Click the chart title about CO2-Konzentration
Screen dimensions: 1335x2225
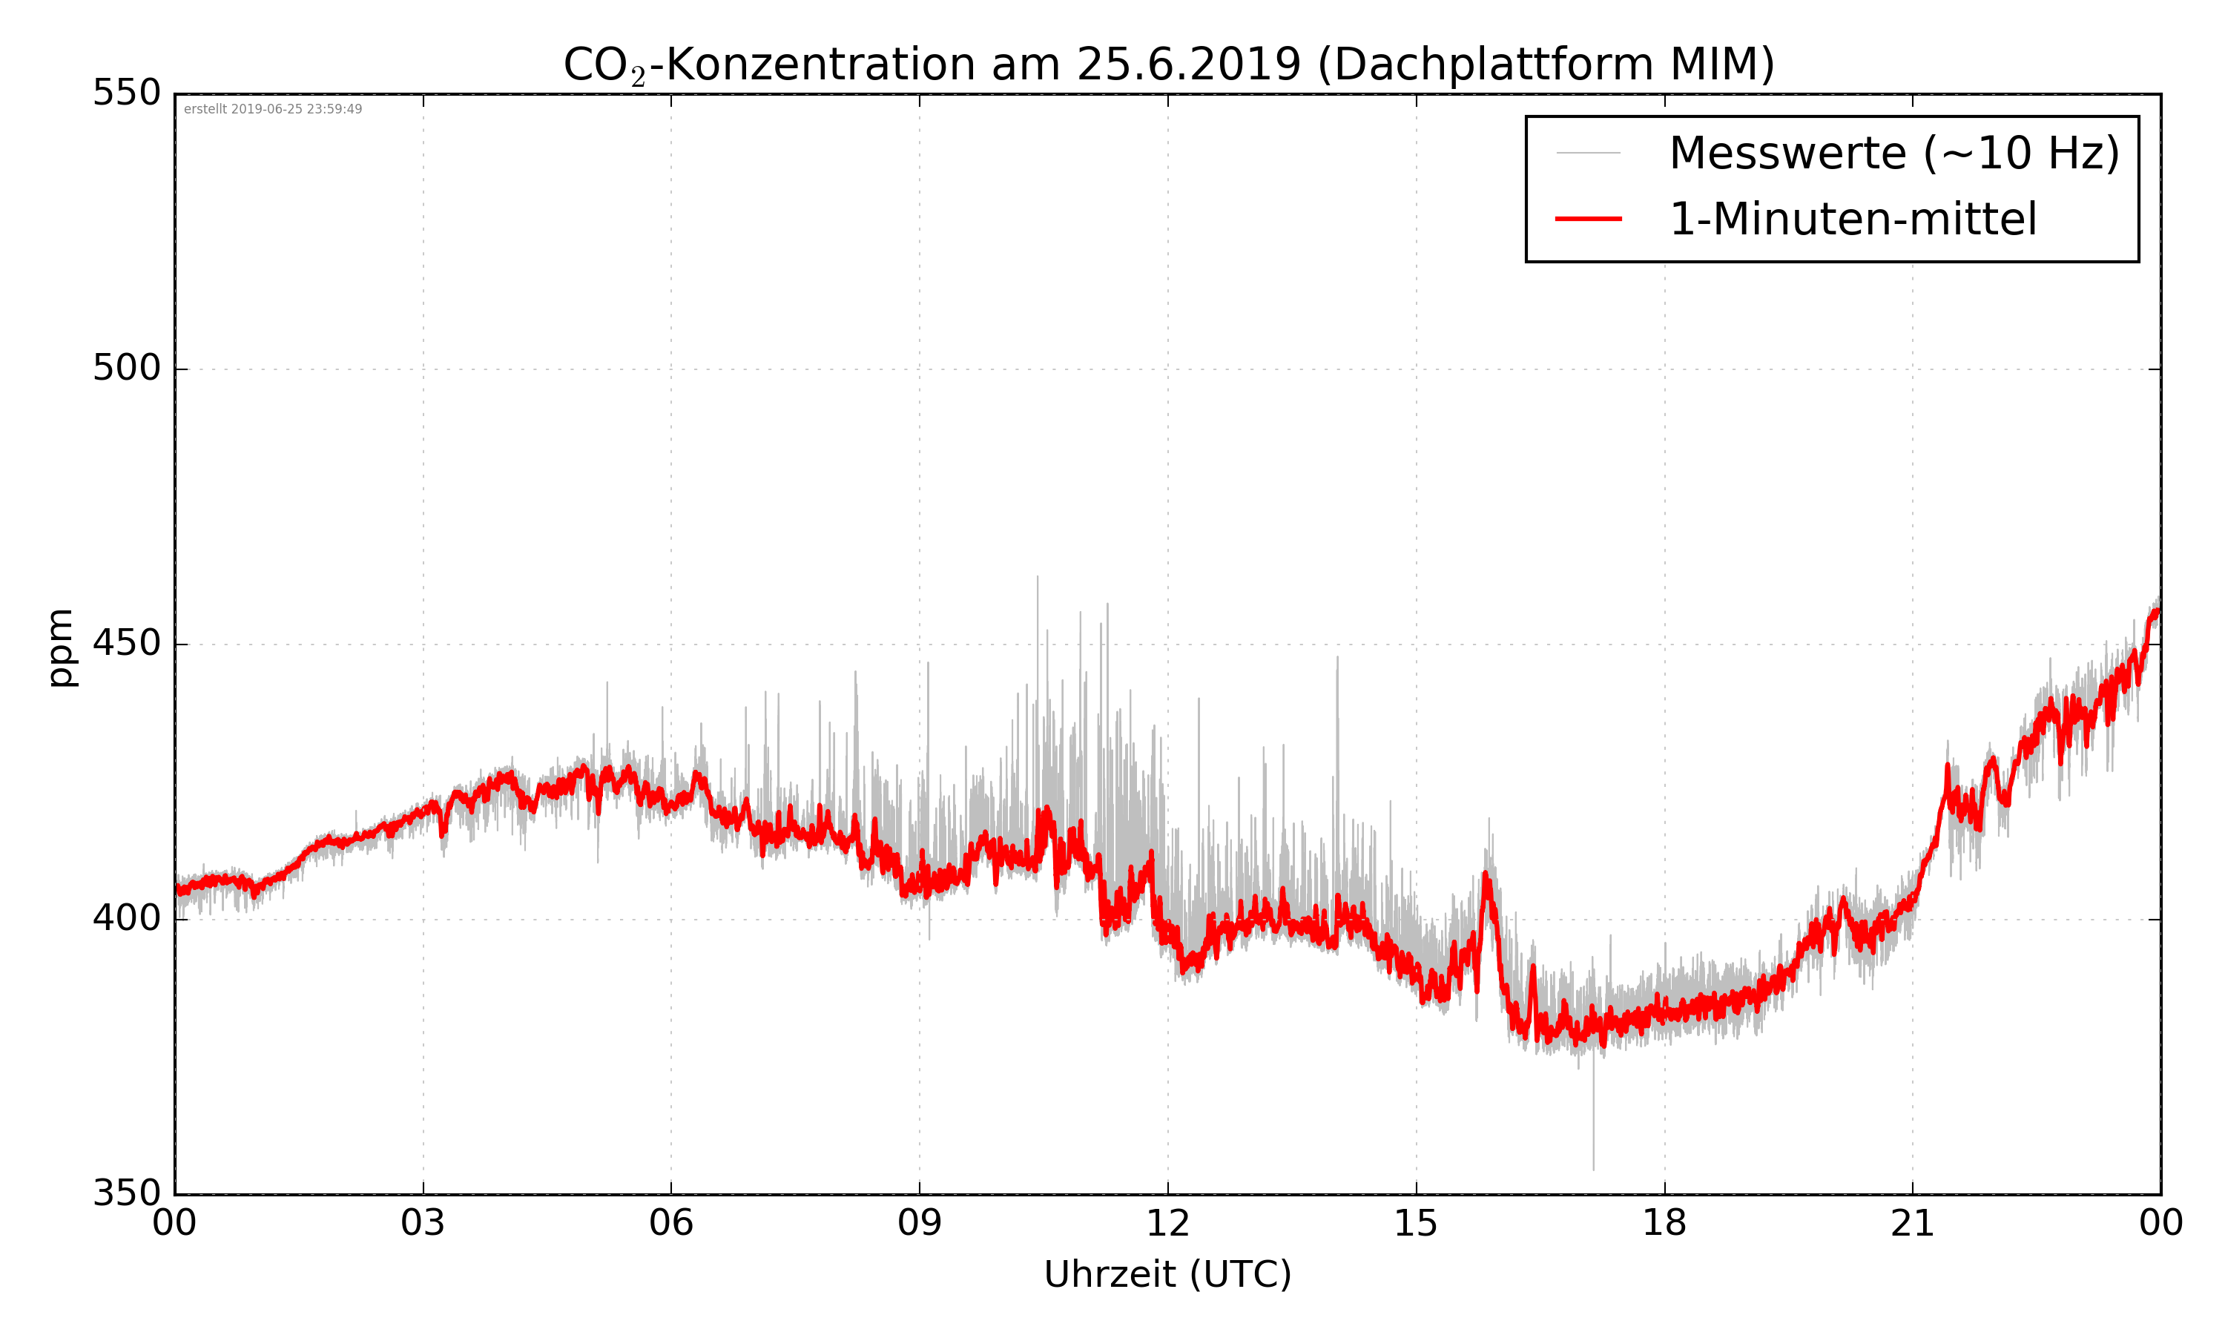tap(1168, 65)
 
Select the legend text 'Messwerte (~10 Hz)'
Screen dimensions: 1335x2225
tap(1894, 153)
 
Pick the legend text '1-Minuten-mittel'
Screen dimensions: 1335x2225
tap(1853, 219)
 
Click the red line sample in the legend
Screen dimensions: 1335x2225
tap(1588, 219)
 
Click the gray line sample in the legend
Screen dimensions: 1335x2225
tap(1588, 153)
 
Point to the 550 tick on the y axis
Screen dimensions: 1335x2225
tap(127, 93)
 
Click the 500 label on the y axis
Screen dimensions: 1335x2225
tap(127, 368)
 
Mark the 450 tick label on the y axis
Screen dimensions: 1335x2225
tap(127, 643)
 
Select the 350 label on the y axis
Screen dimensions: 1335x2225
tap(127, 1194)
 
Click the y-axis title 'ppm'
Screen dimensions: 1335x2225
tap(61, 647)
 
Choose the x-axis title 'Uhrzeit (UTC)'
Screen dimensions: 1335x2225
tap(1167, 1275)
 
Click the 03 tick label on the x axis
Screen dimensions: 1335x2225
tap(423, 1224)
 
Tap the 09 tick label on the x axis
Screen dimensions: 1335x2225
tap(919, 1224)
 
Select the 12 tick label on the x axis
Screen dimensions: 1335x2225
tap(1167, 1224)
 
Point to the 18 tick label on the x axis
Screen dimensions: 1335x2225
tap(1664, 1224)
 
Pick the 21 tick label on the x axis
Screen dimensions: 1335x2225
tap(1912, 1224)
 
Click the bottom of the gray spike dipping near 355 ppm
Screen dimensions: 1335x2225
tap(1594, 1170)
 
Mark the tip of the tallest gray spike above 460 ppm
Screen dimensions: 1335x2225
tap(1037, 576)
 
